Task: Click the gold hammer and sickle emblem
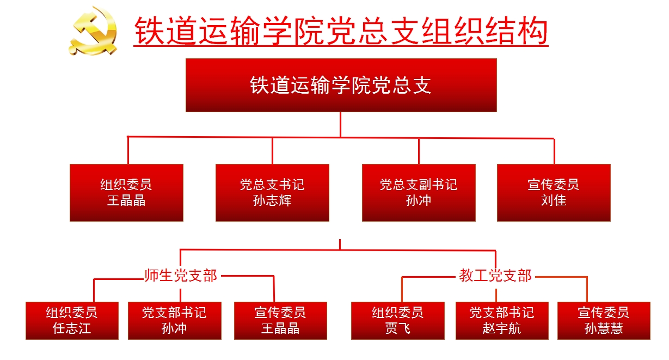click(94, 31)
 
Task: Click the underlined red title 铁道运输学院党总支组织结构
click(341, 32)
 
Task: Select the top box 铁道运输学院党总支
click(341, 85)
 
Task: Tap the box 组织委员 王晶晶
click(126, 193)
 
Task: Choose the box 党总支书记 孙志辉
click(272, 193)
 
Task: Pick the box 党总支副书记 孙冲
click(419, 193)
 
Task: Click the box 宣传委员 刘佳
click(554, 193)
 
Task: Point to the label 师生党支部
click(181, 276)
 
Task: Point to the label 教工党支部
click(495, 276)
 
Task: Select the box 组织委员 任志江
click(72, 321)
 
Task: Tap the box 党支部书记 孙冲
click(174, 321)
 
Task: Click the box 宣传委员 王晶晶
click(280, 321)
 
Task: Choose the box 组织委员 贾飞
click(397, 321)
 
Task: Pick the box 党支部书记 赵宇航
click(502, 321)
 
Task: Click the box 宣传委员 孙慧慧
click(604, 321)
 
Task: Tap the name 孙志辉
click(272, 200)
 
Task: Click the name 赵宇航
click(502, 328)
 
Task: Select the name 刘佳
click(554, 200)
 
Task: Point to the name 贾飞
click(397, 328)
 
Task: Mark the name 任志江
click(72, 328)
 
